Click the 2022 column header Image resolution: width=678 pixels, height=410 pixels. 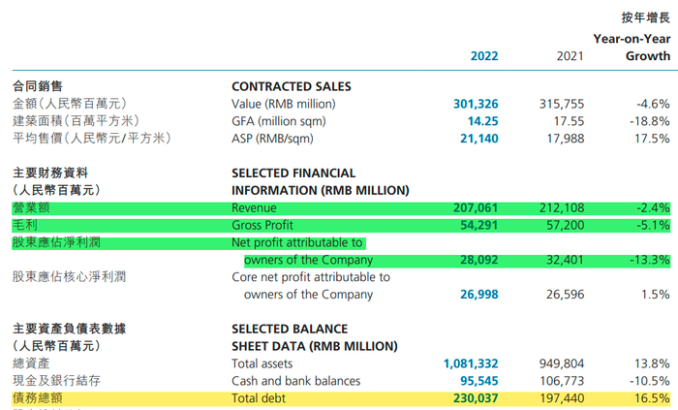click(484, 56)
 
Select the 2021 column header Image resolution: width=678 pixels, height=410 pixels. click(570, 56)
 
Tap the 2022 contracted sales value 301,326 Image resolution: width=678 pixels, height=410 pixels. click(476, 104)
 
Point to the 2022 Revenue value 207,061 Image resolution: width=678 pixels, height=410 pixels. click(476, 207)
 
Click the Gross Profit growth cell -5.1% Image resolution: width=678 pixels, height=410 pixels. click(650, 225)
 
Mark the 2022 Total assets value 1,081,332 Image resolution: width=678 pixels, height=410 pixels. click(471, 363)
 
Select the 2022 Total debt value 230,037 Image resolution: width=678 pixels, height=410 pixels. click(476, 398)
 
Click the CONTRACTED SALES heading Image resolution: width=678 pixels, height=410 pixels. click(292, 86)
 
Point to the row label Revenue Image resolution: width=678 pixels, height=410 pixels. click(255, 207)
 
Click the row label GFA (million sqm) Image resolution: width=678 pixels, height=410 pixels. click(279, 121)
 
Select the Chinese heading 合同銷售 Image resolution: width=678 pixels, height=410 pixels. click(38, 86)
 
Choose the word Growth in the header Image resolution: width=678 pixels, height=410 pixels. click(648, 56)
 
